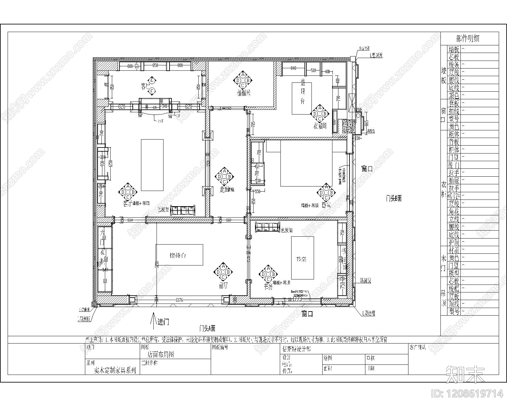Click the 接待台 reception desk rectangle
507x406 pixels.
pos(179,255)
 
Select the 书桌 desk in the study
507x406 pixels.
pos(303,258)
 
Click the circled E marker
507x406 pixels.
pos(152,80)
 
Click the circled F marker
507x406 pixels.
pos(152,91)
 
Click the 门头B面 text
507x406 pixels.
pos(394,199)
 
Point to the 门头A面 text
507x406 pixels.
pos(207,328)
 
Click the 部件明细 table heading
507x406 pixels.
pos(467,39)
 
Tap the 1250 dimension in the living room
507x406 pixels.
pos(111,163)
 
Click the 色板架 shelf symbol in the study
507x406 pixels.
pos(268,227)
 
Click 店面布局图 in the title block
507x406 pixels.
pos(161,354)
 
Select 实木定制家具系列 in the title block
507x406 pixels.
pos(115,370)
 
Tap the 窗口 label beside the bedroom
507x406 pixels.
pos(367,168)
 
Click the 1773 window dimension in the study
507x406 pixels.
pos(297,299)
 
